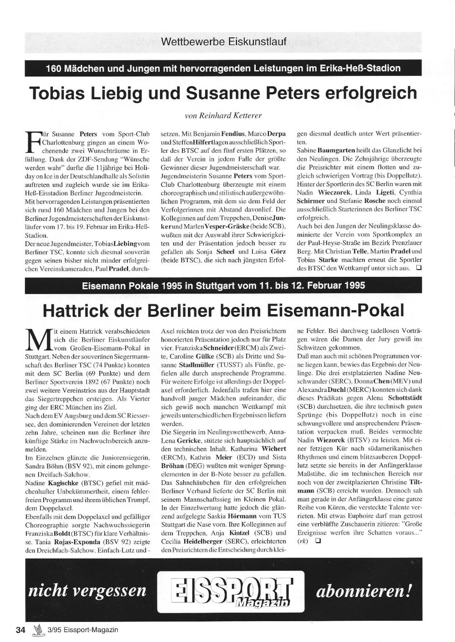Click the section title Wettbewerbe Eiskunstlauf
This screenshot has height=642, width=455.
(223, 42)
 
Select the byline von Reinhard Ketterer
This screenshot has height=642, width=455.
(223, 115)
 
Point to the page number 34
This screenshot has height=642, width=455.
(20, 630)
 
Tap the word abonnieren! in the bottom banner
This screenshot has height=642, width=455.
(364, 591)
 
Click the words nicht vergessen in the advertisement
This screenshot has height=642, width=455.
(87, 591)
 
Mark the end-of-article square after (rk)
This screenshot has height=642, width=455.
(318, 541)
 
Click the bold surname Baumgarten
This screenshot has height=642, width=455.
(336, 150)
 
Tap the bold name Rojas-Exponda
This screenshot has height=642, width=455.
(76, 542)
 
